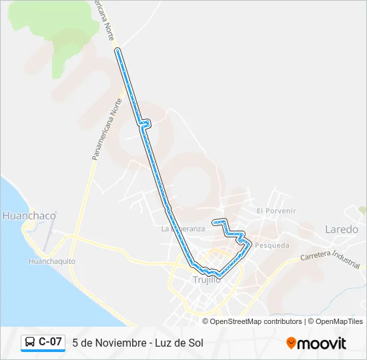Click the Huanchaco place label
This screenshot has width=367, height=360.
tap(29, 216)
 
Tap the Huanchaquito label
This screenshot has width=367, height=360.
tap(51, 261)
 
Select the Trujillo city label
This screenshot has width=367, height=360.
tap(206, 279)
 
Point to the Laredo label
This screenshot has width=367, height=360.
tap(341, 229)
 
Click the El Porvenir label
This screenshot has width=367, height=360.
tap(276, 211)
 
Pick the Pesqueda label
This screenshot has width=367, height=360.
tap(272, 245)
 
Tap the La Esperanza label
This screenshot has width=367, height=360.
tap(183, 229)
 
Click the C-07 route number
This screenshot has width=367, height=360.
tap(50, 342)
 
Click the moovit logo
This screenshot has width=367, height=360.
tap(316, 343)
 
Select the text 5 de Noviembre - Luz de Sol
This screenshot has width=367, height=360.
tap(137, 343)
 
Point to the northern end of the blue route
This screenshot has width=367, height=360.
tap(117, 50)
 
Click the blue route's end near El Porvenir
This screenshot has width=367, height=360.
tap(214, 221)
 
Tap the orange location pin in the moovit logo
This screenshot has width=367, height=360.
tap(292, 343)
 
